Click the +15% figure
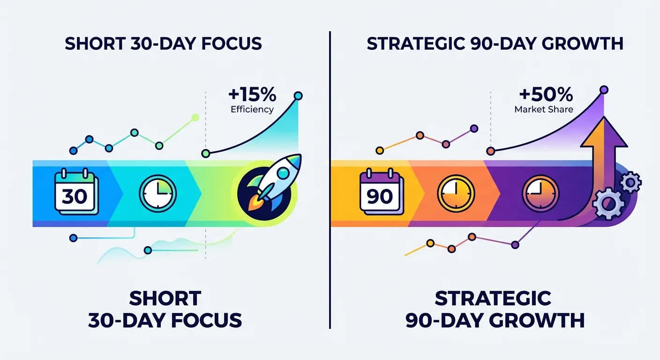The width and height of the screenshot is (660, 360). [x=252, y=95]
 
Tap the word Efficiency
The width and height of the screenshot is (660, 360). [x=252, y=110]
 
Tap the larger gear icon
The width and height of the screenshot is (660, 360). [x=608, y=203]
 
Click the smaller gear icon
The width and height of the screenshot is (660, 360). [x=631, y=181]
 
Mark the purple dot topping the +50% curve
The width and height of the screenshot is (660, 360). [x=604, y=89]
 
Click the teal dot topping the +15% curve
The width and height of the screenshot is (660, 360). [x=298, y=96]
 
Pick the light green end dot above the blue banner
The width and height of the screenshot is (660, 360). [x=195, y=118]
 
